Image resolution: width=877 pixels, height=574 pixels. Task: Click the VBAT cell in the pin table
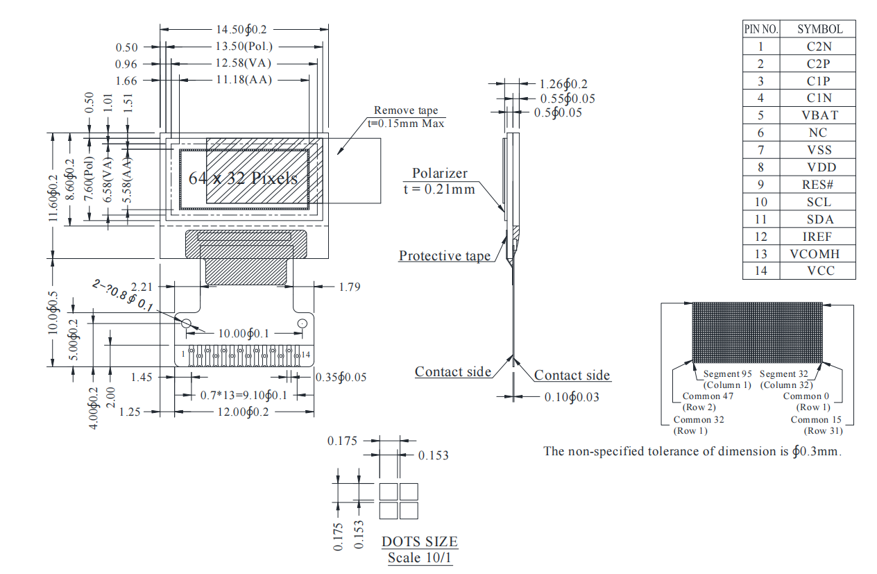pyautogui.click(x=819, y=115)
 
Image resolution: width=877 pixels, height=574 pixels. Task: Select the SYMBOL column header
pyautogui.click(x=819, y=29)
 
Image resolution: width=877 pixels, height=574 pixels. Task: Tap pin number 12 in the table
pyautogui.click(x=761, y=237)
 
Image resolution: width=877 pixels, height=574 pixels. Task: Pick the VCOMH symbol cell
pyautogui.click(x=819, y=254)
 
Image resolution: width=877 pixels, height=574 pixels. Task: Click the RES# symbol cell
pyautogui.click(x=819, y=185)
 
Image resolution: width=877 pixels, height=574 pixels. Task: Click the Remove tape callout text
pyautogui.click(x=406, y=110)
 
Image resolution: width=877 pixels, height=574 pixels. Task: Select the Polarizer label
pyautogui.click(x=440, y=174)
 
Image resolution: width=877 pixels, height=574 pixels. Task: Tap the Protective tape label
pyautogui.click(x=445, y=256)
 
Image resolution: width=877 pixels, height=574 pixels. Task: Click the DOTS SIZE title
pyautogui.click(x=420, y=541)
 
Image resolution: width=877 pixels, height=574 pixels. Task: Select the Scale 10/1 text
pyautogui.click(x=420, y=557)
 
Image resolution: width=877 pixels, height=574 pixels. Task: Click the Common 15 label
pyautogui.click(x=817, y=419)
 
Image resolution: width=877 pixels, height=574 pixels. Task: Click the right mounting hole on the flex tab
pyautogui.click(x=302, y=323)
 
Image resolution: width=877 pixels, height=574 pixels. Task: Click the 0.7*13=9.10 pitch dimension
pyautogui.click(x=244, y=395)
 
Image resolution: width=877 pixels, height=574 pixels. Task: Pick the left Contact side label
pyautogui.click(x=453, y=372)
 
